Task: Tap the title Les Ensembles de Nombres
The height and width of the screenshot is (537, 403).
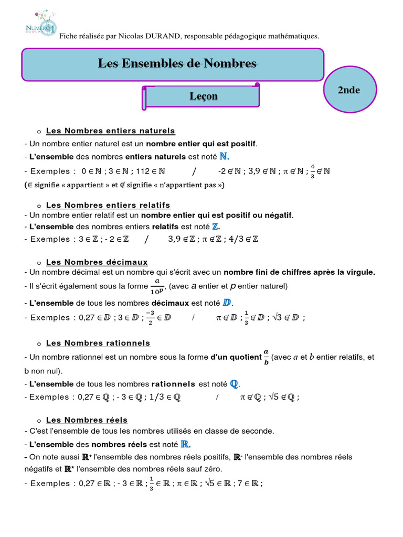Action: pyautogui.click(x=177, y=64)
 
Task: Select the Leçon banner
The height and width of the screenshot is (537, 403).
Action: pyautogui.click(x=203, y=96)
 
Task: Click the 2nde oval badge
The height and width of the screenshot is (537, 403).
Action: pyautogui.click(x=348, y=90)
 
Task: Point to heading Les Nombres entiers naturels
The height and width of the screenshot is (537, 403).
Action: pyautogui.click(x=110, y=131)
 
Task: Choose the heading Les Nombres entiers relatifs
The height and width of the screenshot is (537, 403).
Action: pyautogui.click(x=108, y=205)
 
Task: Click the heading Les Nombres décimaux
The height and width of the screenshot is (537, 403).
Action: pyautogui.click(x=97, y=262)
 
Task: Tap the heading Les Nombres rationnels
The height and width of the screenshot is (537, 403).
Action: pyautogui.click(x=98, y=343)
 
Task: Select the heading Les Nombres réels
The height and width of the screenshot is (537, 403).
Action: pyautogui.click(x=87, y=420)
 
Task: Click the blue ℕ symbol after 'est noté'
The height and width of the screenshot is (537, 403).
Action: pyautogui.click(x=224, y=156)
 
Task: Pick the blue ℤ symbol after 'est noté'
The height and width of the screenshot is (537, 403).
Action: pyautogui.click(x=215, y=227)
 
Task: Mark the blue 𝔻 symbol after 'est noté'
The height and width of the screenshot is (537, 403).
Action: pyautogui.click(x=227, y=303)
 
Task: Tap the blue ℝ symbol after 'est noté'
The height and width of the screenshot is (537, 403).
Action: pyautogui.click(x=185, y=444)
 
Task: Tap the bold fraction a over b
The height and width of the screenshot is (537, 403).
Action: pyautogui.click(x=266, y=358)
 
